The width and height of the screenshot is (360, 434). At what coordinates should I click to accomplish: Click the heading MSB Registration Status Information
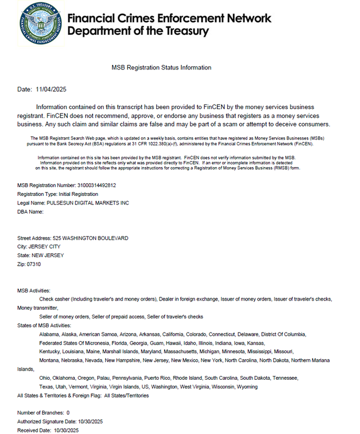coord(161,67)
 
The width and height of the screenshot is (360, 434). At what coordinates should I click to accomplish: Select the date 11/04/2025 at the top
coord(51,89)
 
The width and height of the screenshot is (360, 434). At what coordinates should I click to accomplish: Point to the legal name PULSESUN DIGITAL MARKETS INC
coord(92,203)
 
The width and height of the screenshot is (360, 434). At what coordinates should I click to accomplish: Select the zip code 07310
coord(34,264)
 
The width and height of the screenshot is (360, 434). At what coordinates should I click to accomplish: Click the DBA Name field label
coord(30,212)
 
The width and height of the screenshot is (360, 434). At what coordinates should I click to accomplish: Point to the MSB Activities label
coord(34,291)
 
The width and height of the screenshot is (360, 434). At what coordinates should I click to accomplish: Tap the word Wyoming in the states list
coord(246,387)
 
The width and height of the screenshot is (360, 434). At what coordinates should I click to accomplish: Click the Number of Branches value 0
coord(68,413)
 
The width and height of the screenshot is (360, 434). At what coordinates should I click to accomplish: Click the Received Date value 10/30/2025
coord(66,430)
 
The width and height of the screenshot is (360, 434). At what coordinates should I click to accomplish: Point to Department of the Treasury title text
coord(138,31)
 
